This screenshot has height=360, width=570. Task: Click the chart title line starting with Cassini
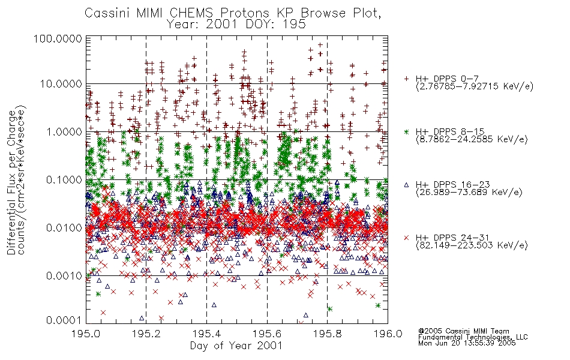[x=233, y=13]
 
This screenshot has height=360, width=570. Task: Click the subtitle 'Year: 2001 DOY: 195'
[x=236, y=25]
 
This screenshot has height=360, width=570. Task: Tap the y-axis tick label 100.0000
[x=58, y=38]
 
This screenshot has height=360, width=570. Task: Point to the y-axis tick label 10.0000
[x=61, y=84]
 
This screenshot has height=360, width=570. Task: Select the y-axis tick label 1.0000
[x=64, y=131]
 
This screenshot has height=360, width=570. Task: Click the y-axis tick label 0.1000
[x=64, y=179]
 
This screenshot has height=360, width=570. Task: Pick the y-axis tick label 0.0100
[x=64, y=228]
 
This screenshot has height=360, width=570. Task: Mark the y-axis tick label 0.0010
[x=64, y=276]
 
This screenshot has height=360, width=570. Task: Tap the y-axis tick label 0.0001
[x=64, y=320]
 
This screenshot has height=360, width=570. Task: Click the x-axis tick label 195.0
[x=86, y=334]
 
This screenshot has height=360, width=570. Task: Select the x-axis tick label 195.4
[x=207, y=334]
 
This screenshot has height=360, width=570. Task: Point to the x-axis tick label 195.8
[x=327, y=334]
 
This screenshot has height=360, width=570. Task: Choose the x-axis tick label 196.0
[x=388, y=334]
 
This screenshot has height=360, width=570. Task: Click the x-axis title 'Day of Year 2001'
[x=236, y=346]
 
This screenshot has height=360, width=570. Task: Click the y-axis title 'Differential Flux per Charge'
[x=12, y=182]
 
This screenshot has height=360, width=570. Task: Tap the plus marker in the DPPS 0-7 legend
[x=406, y=79]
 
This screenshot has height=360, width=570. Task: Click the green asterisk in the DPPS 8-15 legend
[x=406, y=131]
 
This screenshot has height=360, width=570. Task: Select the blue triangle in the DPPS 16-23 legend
[x=406, y=185]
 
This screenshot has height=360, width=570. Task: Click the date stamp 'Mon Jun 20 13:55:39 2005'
[x=467, y=343]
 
